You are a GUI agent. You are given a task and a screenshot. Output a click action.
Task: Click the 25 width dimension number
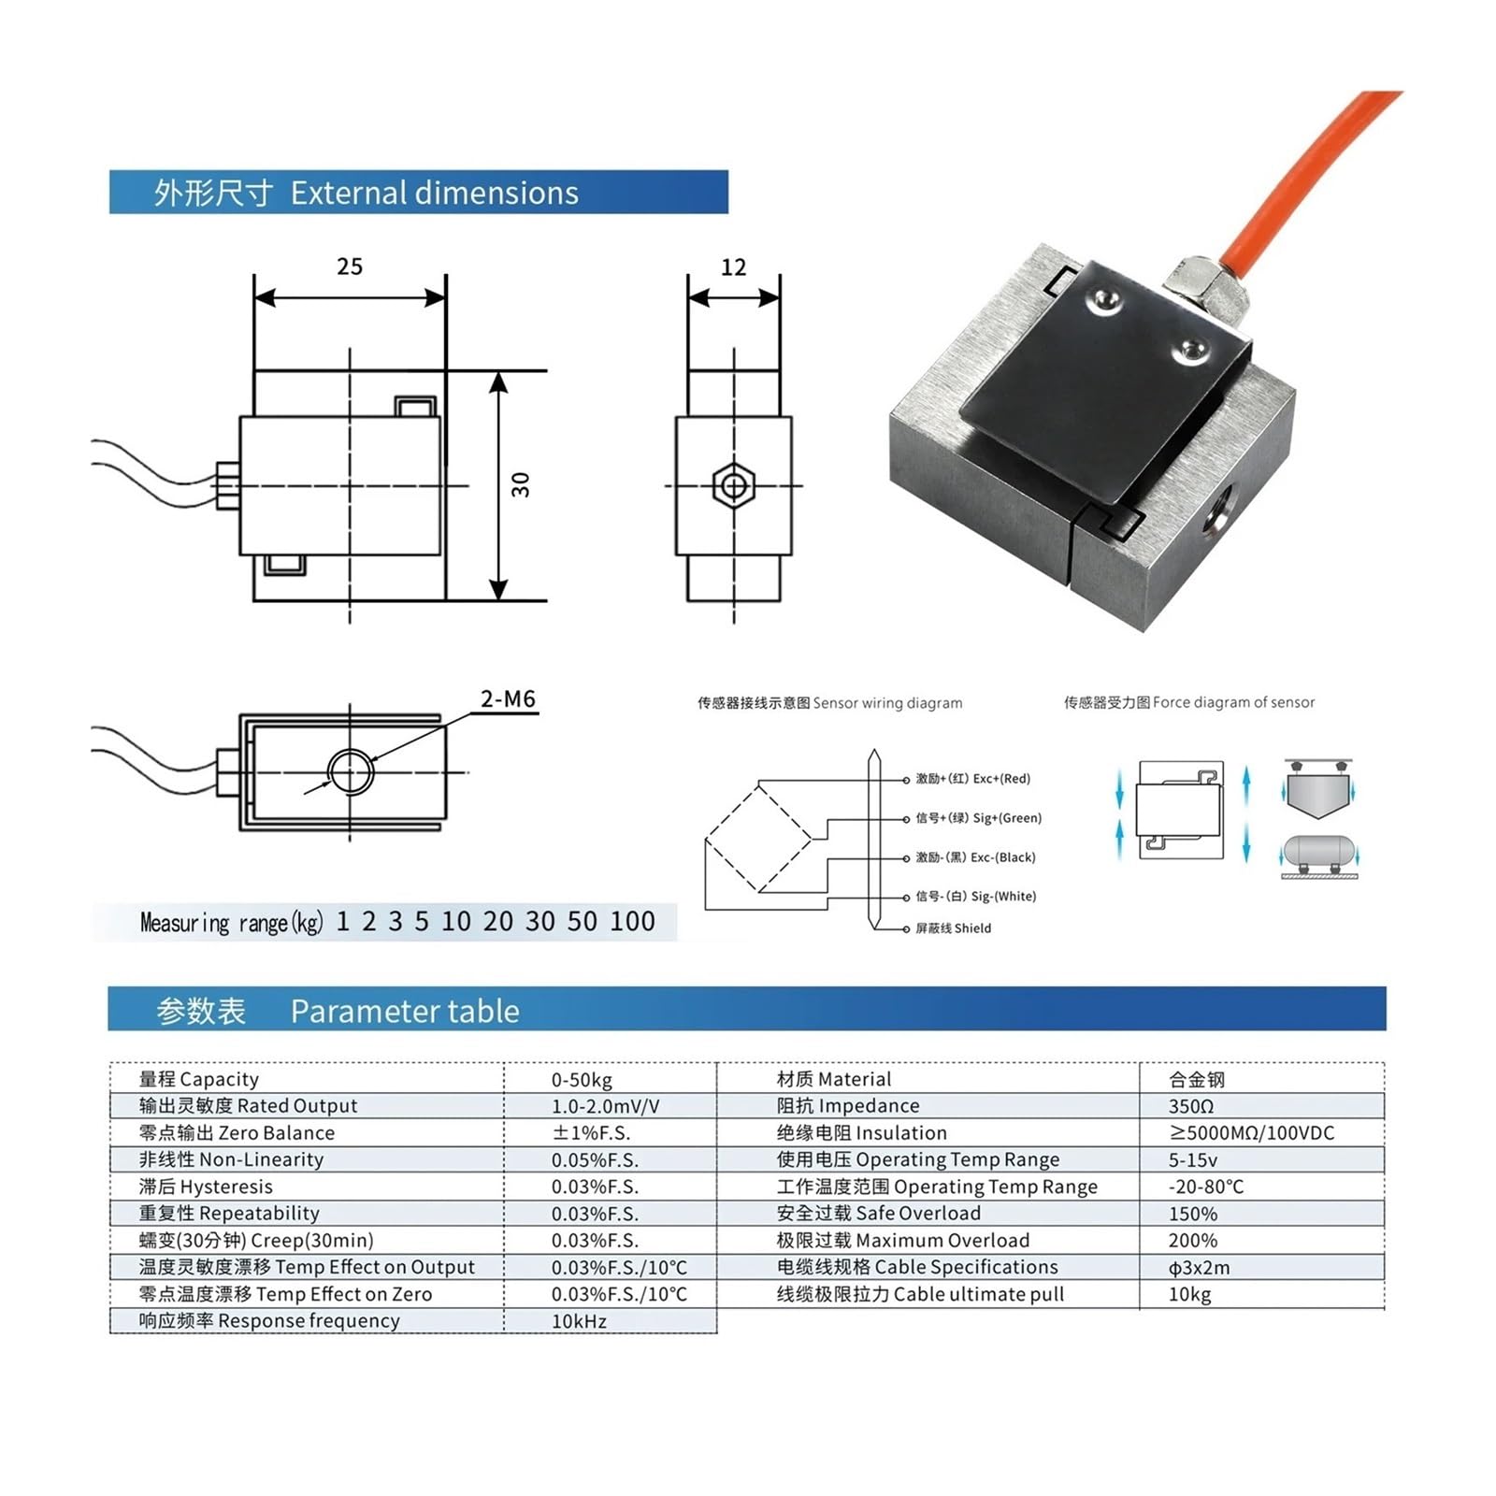click(x=350, y=266)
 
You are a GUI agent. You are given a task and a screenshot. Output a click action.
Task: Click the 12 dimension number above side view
click(x=734, y=267)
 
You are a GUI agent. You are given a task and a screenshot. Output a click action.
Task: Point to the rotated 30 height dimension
click(x=521, y=484)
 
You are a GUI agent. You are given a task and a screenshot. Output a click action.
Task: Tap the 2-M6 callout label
click(x=508, y=698)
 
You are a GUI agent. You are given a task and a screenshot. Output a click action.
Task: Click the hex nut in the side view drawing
click(x=734, y=486)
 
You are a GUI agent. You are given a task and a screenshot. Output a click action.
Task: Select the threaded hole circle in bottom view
click(x=351, y=772)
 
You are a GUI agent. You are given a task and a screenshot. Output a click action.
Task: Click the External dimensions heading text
click(x=434, y=193)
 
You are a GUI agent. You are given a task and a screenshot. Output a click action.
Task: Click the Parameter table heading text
click(x=404, y=1011)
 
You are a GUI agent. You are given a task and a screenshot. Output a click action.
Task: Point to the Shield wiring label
click(x=953, y=928)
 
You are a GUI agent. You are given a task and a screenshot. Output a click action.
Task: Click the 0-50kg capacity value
click(x=582, y=1080)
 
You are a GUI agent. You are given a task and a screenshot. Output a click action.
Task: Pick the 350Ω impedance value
click(x=1191, y=1106)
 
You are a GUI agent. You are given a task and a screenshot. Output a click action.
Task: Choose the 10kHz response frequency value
click(x=579, y=1321)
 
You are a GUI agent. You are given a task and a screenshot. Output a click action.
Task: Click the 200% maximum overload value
click(x=1193, y=1241)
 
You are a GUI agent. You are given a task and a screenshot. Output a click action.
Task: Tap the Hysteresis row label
click(x=206, y=1187)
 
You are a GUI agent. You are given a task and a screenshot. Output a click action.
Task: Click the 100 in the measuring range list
click(x=632, y=922)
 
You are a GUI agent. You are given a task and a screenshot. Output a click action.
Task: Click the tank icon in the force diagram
click(x=1318, y=852)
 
